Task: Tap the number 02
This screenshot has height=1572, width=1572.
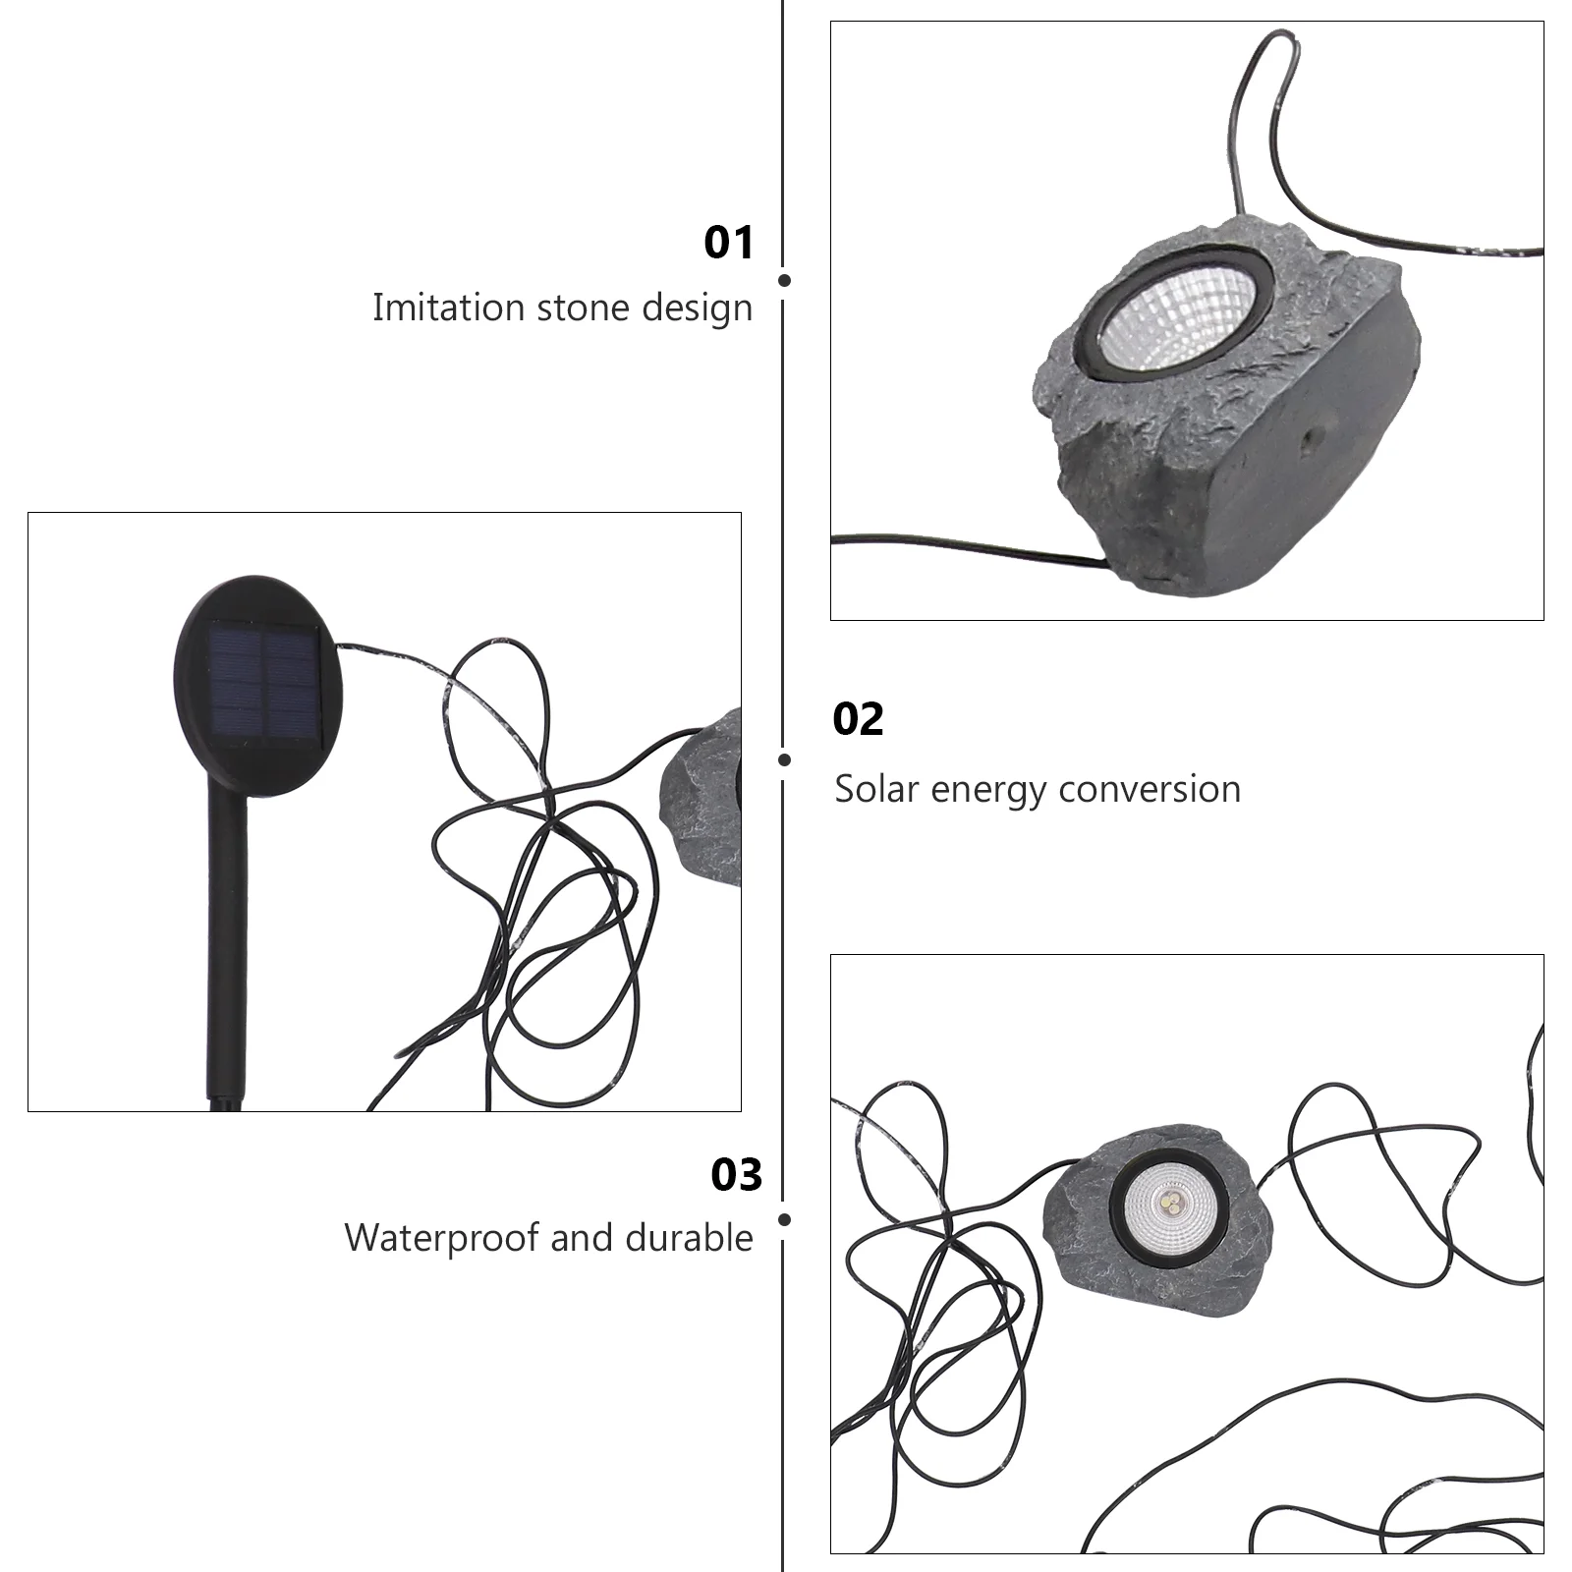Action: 858,720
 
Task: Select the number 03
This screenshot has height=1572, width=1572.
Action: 736,1175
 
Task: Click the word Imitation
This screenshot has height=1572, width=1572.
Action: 448,308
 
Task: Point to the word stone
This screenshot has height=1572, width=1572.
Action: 583,308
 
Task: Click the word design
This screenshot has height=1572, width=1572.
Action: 698,309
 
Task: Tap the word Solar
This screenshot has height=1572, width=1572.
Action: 876,789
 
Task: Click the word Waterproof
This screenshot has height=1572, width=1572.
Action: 442,1238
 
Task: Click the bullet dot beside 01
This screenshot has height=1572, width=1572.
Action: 784,280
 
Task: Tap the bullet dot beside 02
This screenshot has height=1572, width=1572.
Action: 784,759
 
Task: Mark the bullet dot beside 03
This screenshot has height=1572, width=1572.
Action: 784,1220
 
